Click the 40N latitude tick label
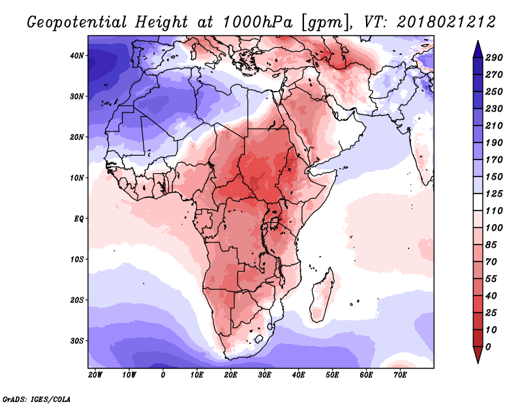click(77, 56)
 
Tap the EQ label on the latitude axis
click(78, 219)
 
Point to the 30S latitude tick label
click(77, 341)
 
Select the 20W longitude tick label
click(95, 375)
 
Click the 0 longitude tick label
click(162, 375)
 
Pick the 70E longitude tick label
click(400, 375)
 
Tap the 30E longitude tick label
click(264, 375)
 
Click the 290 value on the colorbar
click(494, 58)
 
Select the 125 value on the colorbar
click(494, 194)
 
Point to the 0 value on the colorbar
click(488, 347)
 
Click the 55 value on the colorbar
click(491, 279)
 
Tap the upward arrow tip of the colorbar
click(478, 41)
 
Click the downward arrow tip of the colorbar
click(478, 363)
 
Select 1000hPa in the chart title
click(258, 22)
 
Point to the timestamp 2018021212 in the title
click(446, 22)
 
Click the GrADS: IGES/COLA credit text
click(37, 399)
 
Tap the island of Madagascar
click(322, 296)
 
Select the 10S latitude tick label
click(77, 260)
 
